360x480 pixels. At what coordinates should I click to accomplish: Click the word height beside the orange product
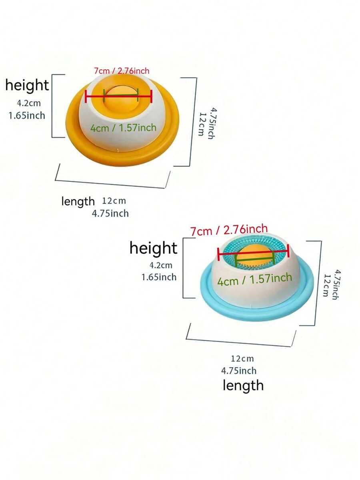tap(27, 85)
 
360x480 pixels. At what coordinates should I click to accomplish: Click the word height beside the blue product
tap(153, 248)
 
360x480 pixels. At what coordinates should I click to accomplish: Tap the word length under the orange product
tap(78, 201)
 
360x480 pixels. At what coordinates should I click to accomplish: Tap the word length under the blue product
tap(243, 386)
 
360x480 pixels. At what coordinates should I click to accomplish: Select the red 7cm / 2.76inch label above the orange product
tap(122, 71)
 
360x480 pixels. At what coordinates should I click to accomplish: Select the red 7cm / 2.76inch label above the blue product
tap(229, 230)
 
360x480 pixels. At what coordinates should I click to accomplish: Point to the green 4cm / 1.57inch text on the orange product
tap(123, 128)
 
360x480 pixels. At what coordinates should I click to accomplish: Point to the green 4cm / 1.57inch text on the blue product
tap(254, 279)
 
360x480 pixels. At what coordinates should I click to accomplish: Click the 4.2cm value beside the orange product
tap(28, 103)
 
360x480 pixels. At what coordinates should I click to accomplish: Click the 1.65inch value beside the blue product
tap(159, 277)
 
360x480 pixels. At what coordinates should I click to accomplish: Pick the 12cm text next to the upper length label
tap(114, 201)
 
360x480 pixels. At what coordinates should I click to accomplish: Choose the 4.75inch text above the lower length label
tap(239, 371)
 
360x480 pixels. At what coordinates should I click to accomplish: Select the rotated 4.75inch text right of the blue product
tap(336, 285)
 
